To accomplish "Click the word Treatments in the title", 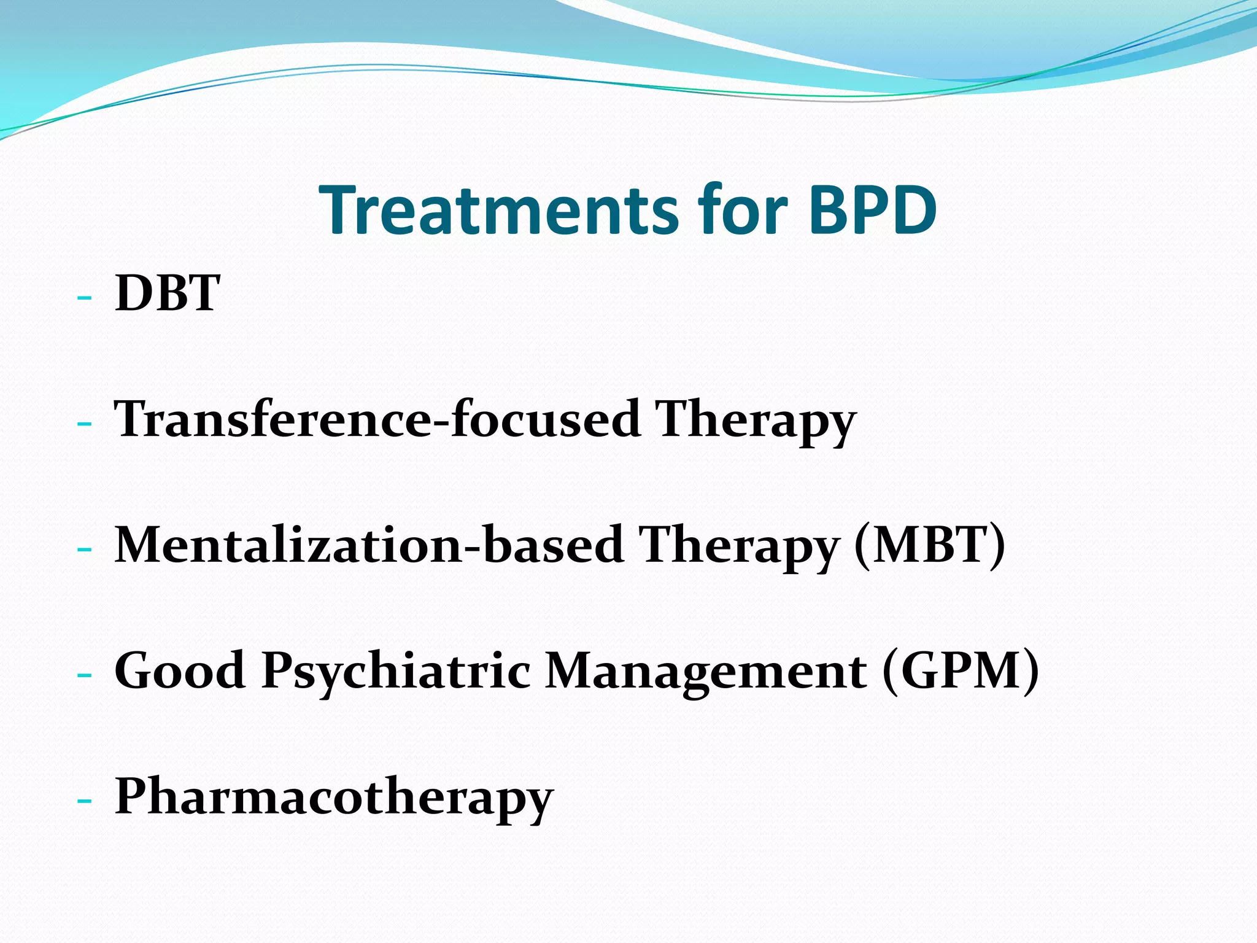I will coord(497,210).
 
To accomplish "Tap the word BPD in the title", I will coord(872,210).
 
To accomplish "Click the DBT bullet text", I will coord(167,293).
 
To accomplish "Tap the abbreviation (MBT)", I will coord(930,545).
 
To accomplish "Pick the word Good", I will coord(180,670).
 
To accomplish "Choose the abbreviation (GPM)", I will coord(961,670).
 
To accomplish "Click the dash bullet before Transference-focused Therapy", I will coord(85,424).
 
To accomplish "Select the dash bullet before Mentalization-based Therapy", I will coord(85,549).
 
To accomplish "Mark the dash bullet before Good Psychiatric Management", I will coord(85,675).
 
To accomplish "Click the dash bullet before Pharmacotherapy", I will coord(85,801).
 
